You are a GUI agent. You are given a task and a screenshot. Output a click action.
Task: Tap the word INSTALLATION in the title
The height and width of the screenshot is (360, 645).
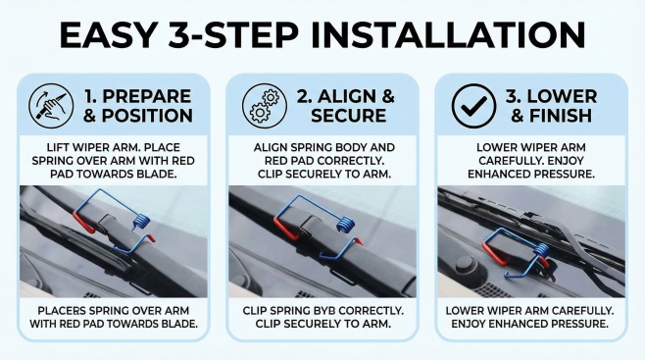click(448, 35)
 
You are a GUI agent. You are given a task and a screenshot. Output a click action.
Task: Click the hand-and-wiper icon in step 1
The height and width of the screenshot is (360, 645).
click(51, 106)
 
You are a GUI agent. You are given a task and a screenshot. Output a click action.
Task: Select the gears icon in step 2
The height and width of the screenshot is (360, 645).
click(265, 106)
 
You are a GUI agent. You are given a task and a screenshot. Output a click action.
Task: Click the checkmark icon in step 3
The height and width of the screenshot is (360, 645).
click(473, 106)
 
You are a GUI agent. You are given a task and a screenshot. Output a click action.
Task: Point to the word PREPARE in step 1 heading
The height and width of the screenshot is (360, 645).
click(147, 97)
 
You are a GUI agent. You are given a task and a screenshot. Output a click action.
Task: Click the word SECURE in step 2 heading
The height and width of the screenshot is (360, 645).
click(348, 116)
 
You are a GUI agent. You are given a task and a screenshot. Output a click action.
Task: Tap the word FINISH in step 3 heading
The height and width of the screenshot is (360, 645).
click(560, 116)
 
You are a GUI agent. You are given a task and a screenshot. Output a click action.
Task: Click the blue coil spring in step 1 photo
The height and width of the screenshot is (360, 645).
click(140, 222)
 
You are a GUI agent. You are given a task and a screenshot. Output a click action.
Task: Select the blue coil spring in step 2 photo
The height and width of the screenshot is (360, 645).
click(345, 225)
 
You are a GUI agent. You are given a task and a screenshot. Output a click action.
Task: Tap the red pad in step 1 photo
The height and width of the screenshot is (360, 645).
click(83, 223)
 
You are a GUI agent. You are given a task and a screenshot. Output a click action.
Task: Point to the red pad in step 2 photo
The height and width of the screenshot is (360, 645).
click(285, 229)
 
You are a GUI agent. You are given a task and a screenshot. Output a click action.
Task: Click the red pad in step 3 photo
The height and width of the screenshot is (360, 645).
click(494, 253)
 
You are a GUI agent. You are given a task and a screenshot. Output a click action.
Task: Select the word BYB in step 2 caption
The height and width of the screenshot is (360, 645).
click(325, 311)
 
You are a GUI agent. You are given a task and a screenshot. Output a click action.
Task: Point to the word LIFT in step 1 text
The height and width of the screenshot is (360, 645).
click(56, 147)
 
